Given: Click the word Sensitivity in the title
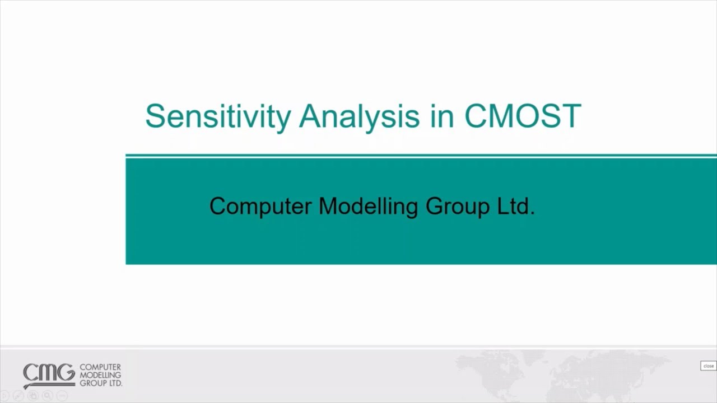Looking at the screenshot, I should [x=218, y=116].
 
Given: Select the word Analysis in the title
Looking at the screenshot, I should [x=358, y=116].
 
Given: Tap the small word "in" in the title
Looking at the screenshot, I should [x=441, y=116].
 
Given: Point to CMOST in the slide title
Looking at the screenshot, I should [x=522, y=116].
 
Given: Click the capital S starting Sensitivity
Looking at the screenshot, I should [x=155, y=116].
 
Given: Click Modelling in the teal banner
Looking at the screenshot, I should [x=368, y=206].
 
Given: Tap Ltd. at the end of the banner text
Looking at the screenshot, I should [x=516, y=206].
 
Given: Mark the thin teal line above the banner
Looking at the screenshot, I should [x=420, y=155].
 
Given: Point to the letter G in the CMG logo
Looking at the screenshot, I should [x=66, y=373].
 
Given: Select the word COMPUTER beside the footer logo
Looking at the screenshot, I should [x=100, y=367].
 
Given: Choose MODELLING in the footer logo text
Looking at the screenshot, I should [x=100, y=375].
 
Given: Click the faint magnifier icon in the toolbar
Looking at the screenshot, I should [x=47, y=396].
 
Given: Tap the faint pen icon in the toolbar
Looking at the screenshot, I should [x=18, y=396].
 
